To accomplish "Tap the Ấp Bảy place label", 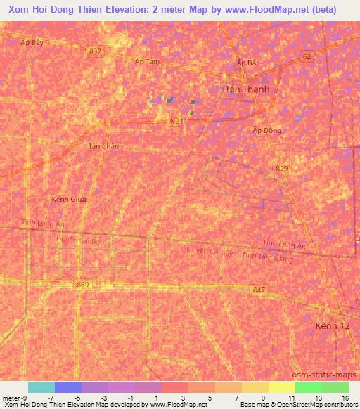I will tap(32, 42).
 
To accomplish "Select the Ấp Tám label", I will tap(147, 62).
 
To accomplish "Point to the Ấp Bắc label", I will tap(247, 63).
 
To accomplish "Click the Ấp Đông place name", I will tap(266, 130).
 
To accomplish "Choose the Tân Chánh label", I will tap(105, 146).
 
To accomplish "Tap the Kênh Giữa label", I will tap(69, 200).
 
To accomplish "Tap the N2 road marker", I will tap(174, 122).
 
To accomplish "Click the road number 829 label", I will tap(282, 167).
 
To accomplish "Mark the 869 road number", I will tap(84, 284).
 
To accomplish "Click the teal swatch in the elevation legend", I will tap(41, 387).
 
